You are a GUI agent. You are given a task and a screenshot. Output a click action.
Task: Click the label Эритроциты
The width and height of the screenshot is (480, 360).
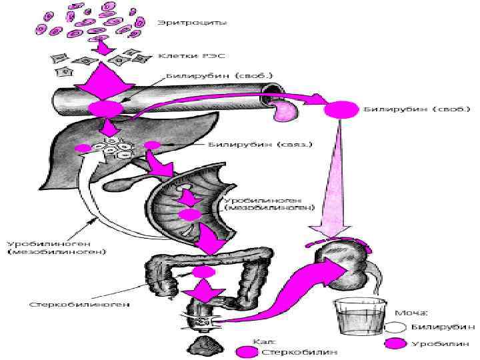pos(191,22)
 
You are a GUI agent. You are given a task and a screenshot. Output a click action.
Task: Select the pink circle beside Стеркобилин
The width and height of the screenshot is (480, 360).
pos(247,351)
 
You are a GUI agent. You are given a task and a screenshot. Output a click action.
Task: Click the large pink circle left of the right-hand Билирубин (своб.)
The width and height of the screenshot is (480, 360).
pos(341,109)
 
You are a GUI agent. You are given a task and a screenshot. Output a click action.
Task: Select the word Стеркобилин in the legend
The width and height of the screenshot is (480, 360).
pos(299,351)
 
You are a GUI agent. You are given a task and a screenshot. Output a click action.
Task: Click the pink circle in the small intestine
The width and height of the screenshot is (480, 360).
pos(189,214)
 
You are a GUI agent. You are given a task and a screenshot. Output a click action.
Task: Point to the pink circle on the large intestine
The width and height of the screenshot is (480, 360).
pos(203,272)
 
